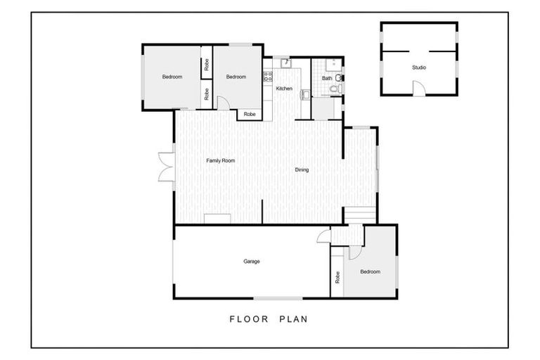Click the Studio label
pyautogui.click(x=419, y=67)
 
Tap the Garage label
pyautogui.click(x=252, y=262)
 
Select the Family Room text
pyautogui.click(x=220, y=160)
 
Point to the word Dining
pyautogui.click(x=302, y=170)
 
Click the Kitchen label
pyautogui.click(x=284, y=89)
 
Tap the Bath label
pyautogui.click(x=327, y=78)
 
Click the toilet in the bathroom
pyautogui.click(x=335, y=89)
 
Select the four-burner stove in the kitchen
pyautogui.click(x=268, y=77)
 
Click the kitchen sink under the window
pyautogui.click(x=286, y=63)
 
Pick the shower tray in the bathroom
pyautogui.click(x=334, y=65)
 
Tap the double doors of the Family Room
pyautogui.click(x=167, y=167)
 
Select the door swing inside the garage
pyautogui.click(x=323, y=236)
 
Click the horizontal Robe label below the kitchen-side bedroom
pyautogui.click(x=250, y=115)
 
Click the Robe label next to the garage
pyautogui.click(x=337, y=277)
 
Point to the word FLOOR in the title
pyautogui.click(x=249, y=319)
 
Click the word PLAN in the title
pyautogui.click(x=293, y=319)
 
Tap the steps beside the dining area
pyautogui.click(x=360, y=215)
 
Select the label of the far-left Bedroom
pyautogui.click(x=172, y=77)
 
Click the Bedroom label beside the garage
pyautogui.click(x=371, y=272)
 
